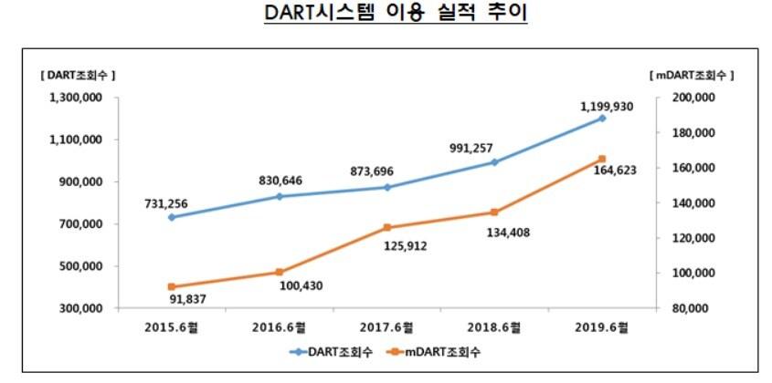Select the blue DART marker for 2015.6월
[x=172, y=217]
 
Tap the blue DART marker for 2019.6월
[x=601, y=119]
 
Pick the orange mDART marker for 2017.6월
[x=386, y=227]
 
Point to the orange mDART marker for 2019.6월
[x=601, y=159]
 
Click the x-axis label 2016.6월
[x=279, y=327]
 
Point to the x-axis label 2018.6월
[x=493, y=327]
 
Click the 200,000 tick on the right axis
[x=690, y=98]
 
